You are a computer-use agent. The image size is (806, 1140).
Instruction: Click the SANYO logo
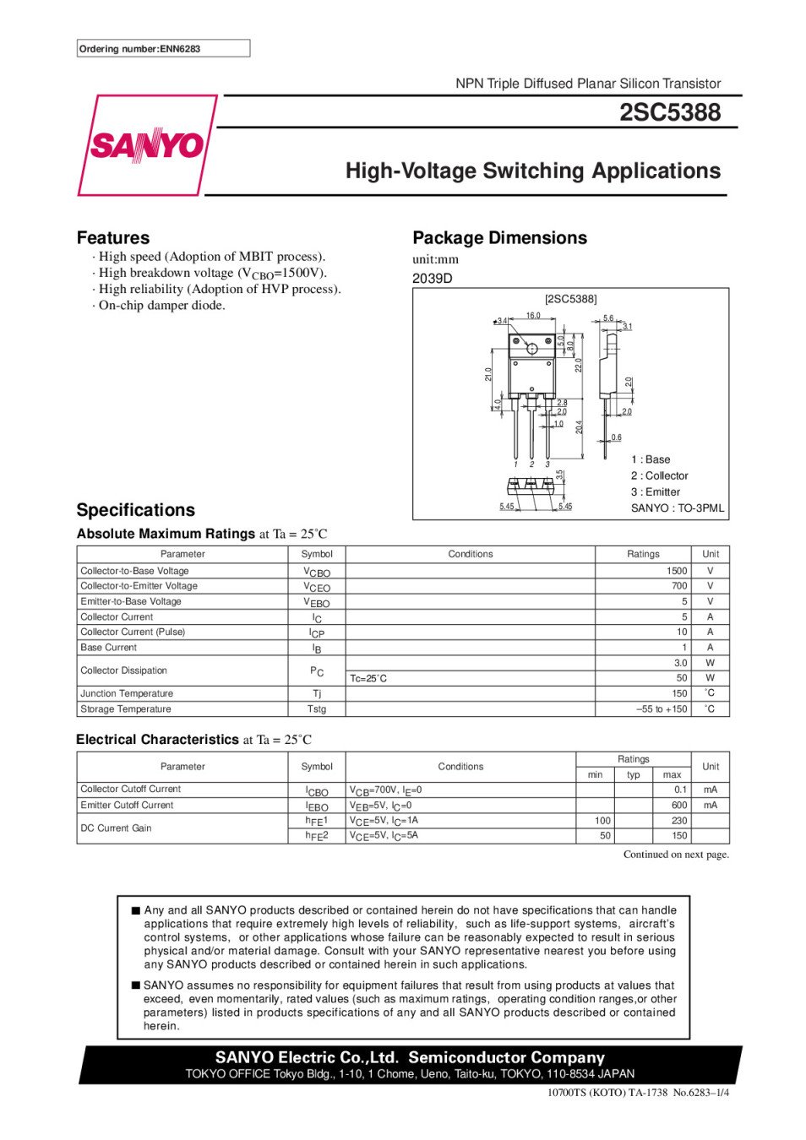[x=147, y=145]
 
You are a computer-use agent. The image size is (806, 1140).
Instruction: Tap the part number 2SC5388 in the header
[x=670, y=112]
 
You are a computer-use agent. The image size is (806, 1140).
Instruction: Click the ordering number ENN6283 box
[x=163, y=49]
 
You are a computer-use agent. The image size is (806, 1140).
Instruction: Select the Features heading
[x=113, y=238]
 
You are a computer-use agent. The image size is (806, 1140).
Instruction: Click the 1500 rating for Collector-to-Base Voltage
[x=676, y=571]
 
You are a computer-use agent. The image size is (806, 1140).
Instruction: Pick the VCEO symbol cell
[x=317, y=587]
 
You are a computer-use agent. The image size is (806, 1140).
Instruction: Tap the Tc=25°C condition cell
[x=368, y=678]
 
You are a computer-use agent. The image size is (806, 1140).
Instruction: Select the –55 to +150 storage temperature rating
[x=662, y=709]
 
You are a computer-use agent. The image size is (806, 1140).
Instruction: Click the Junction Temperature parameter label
[x=127, y=693]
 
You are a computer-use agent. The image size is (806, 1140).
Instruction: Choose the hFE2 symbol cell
[x=317, y=835]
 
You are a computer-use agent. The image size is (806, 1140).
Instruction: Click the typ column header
[x=634, y=774]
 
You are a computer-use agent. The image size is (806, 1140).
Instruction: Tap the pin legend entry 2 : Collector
[x=659, y=476]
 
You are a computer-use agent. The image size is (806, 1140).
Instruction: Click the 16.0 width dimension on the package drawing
[x=533, y=316]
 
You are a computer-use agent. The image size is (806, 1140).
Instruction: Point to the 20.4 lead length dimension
[x=580, y=428]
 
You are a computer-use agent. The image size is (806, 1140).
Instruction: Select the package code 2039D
[x=433, y=279]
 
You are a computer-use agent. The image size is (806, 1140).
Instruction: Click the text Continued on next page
[x=676, y=855]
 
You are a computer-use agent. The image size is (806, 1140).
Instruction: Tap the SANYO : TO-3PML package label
[x=677, y=508]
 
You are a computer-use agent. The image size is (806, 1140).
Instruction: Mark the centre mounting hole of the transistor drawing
[x=532, y=349]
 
